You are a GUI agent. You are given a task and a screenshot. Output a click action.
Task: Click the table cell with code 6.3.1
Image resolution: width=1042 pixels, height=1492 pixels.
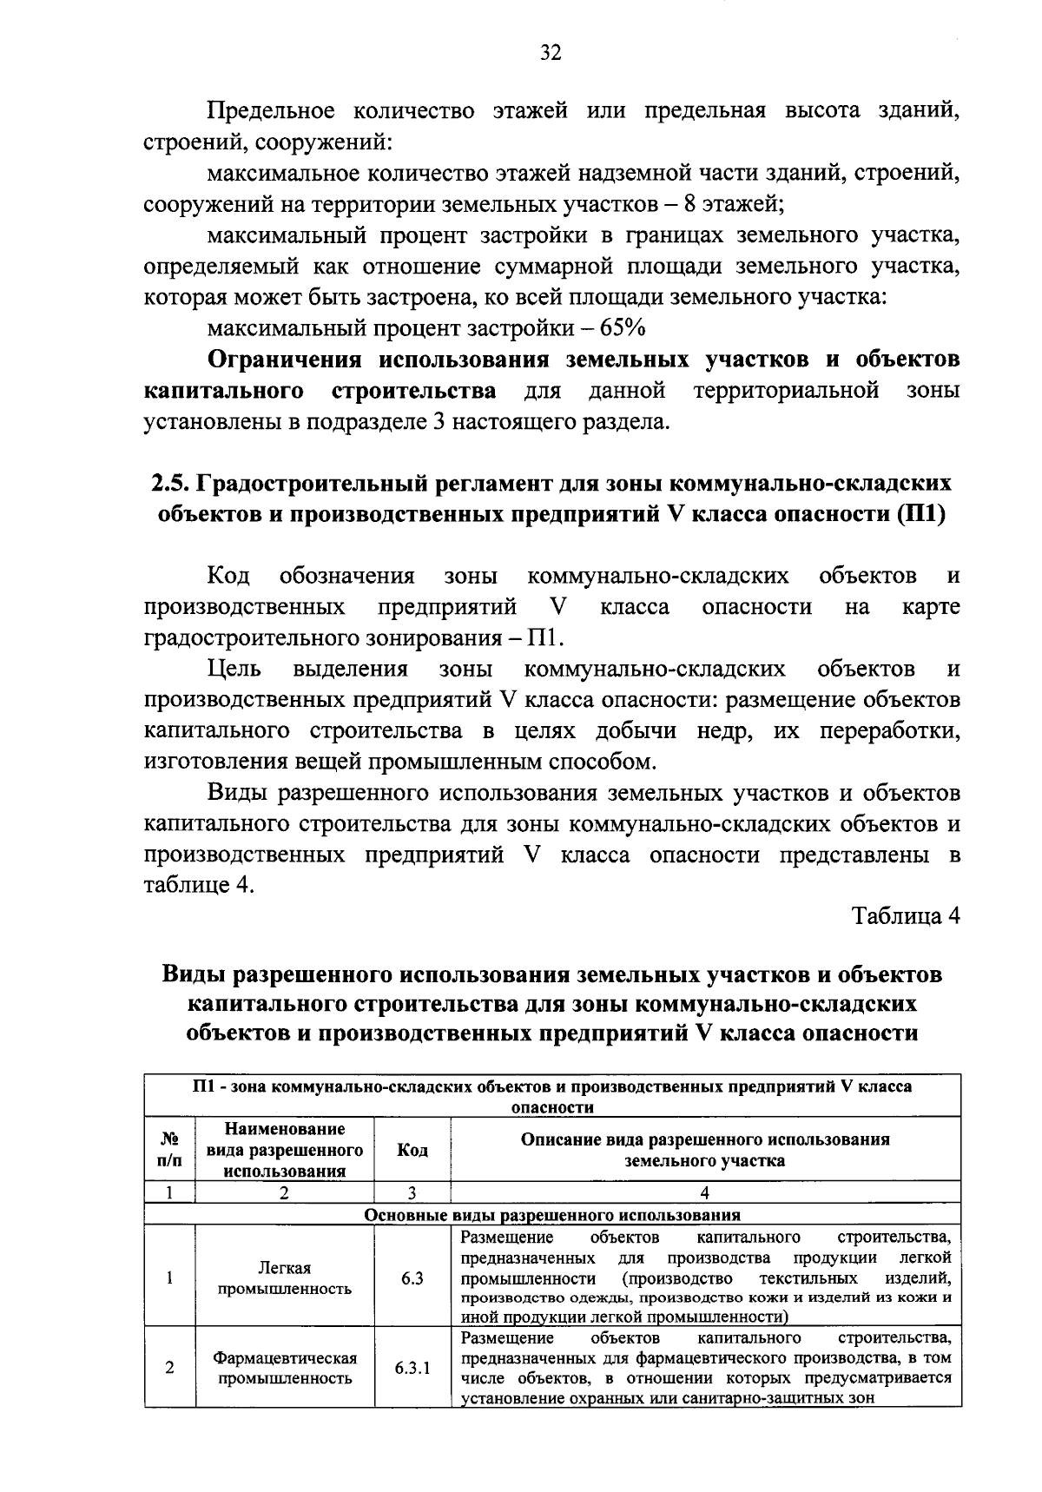412,1368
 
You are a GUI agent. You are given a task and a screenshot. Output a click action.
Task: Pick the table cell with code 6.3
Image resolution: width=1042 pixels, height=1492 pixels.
412,1278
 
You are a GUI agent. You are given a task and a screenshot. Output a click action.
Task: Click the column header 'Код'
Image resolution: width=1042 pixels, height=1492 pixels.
412,1150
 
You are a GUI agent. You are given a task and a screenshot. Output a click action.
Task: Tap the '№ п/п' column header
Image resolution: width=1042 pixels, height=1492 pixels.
170,1150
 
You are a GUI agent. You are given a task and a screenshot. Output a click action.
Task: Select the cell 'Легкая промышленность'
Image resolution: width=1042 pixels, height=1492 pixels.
285,1278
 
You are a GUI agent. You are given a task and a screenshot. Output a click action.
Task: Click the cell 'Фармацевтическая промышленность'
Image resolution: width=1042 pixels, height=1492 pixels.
285,1368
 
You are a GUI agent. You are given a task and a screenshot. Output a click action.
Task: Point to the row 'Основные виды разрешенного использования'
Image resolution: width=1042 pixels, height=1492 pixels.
552,1215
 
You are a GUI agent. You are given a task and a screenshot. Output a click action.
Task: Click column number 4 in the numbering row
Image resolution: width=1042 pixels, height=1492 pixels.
705,1193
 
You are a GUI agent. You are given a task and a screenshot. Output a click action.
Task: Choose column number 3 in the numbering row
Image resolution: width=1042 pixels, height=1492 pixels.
412,1193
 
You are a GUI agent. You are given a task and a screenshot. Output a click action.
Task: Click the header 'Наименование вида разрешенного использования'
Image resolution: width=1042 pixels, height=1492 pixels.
285,1150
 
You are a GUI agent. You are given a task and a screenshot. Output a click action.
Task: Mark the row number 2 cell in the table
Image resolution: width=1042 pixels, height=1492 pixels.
170,1368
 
